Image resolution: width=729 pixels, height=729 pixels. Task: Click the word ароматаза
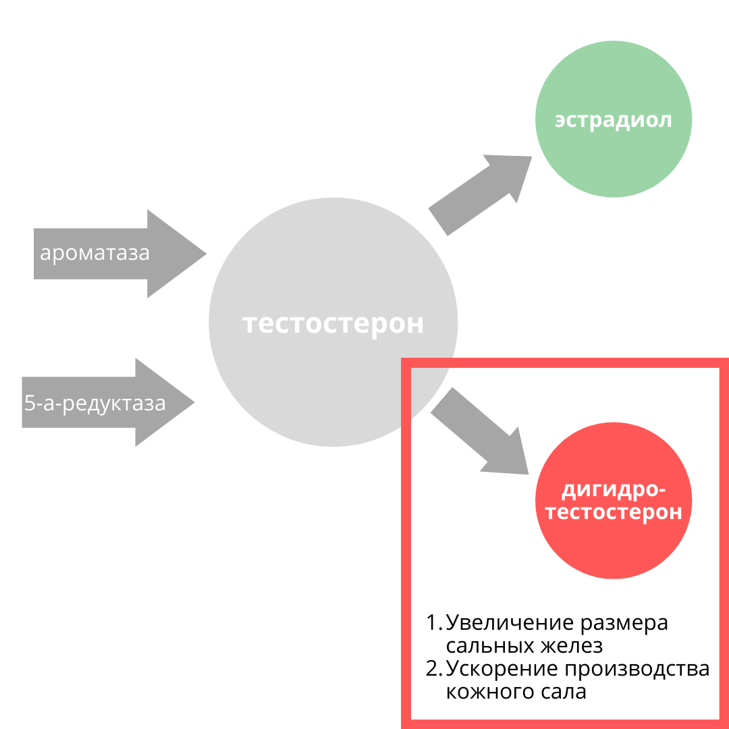point(94,254)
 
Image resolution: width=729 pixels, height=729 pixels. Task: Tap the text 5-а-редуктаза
point(94,403)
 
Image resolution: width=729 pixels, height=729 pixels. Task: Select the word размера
point(624,622)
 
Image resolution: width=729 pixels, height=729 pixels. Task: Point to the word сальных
point(489,645)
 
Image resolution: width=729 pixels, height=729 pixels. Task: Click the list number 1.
point(433,622)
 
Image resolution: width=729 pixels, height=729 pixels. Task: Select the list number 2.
point(433,668)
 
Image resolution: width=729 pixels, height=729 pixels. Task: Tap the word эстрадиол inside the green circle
point(613,120)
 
